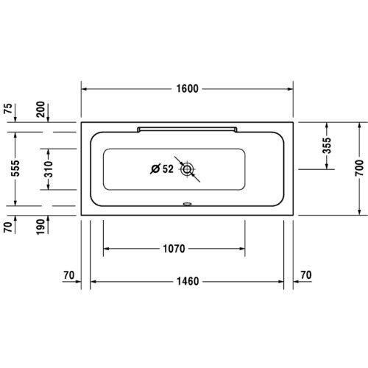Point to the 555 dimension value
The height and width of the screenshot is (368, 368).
[8, 169]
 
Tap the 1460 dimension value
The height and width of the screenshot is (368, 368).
[188, 282]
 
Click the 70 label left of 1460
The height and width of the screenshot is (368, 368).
[70, 275]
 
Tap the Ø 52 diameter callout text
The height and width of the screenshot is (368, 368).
[161, 169]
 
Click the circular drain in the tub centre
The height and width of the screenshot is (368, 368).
[188, 169]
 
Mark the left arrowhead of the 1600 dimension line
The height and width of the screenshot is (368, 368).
[84, 88]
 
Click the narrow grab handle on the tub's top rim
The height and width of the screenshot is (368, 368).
[187, 129]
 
